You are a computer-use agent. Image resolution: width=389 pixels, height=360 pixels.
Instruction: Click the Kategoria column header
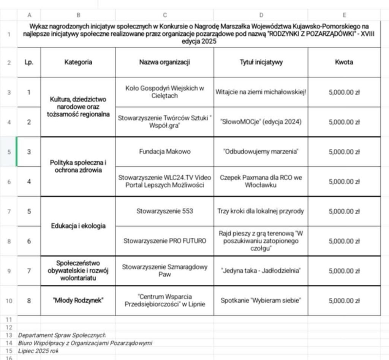click(78, 62)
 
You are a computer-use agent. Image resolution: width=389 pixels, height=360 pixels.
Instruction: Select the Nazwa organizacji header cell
click(164, 62)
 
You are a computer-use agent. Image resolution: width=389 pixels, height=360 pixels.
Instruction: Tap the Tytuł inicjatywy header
click(261, 62)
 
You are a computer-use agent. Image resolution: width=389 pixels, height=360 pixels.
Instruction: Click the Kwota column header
click(344, 62)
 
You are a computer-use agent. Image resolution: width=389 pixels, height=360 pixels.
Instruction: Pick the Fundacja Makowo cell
click(164, 152)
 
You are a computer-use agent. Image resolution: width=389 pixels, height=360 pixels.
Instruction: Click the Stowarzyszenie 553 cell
click(164, 211)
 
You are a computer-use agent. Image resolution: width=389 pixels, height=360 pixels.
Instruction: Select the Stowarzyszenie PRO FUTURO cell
click(164, 241)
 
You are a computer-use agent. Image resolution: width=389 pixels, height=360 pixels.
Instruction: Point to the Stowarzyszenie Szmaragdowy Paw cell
click(164, 270)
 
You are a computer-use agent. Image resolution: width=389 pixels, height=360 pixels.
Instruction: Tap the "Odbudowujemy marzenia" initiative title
click(261, 152)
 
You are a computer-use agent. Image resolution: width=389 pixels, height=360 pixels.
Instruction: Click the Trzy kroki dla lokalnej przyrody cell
click(261, 211)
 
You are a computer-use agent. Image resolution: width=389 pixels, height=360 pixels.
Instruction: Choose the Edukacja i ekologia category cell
click(78, 226)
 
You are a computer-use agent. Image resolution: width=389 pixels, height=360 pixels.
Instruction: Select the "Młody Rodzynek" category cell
click(78, 300)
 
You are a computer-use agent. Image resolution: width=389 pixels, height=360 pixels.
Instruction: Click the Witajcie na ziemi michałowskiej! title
click(261, 92)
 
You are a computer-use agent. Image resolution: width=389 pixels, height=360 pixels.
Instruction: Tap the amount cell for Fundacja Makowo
click(344, 152)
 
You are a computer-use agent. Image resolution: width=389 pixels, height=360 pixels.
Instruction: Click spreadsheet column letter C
click(164, 15)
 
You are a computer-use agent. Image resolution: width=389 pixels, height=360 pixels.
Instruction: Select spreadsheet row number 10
click(9, 301)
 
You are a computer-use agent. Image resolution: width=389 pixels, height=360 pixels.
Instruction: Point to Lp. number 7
click(29, 270)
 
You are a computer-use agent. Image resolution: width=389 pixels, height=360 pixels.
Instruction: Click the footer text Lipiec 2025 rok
click(38, 351)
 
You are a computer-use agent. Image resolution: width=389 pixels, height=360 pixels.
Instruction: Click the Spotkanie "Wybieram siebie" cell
click(261, 300)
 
